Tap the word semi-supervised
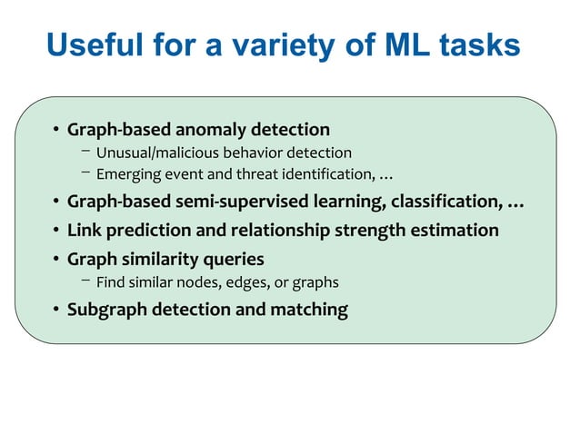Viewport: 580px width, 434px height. [x=260, y=202]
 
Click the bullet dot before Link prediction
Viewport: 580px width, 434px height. [x=56, y=231]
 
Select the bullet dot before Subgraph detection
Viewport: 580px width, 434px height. [x=56, y=311]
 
